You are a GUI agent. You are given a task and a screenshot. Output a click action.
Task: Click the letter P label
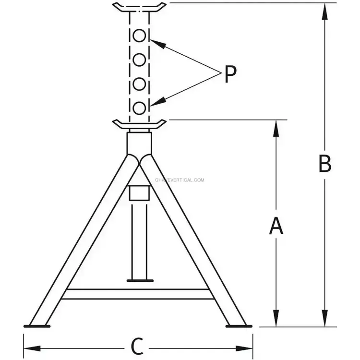pos(230,74)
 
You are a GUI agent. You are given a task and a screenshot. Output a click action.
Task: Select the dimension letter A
pos(276,226)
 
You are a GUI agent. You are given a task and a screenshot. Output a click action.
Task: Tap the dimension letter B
pos(325,164)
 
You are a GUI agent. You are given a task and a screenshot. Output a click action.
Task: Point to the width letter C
pos(137,346)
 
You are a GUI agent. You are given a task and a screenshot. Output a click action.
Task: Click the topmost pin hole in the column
pos(139,36)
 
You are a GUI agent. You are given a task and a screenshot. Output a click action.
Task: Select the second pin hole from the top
pos(139,60)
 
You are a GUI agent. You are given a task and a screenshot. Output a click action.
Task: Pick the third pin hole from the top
pos(139,84)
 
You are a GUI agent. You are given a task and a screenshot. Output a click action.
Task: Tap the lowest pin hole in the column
pos(139,108)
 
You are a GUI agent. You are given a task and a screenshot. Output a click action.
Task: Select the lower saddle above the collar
pos(139,124)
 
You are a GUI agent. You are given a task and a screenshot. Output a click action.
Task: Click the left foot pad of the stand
pos(37,326)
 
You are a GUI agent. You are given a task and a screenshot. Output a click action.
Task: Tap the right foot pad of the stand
pos(239,326)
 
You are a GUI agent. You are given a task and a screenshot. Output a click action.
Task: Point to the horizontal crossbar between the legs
pos(138,294)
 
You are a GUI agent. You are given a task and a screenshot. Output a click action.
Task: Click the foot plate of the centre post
pos(140,281)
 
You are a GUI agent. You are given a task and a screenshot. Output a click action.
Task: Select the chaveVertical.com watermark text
pos(180,180)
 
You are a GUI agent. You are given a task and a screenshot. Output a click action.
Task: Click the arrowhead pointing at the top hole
pos(158,44)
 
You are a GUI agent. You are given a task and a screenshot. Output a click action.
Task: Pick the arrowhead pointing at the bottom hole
pos(158,101)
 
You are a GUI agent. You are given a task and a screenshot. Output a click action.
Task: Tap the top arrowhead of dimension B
pos(324,11)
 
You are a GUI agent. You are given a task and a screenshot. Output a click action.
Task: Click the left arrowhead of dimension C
pos(32,348)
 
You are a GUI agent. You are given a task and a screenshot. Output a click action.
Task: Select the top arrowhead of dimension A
pos(276,128)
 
